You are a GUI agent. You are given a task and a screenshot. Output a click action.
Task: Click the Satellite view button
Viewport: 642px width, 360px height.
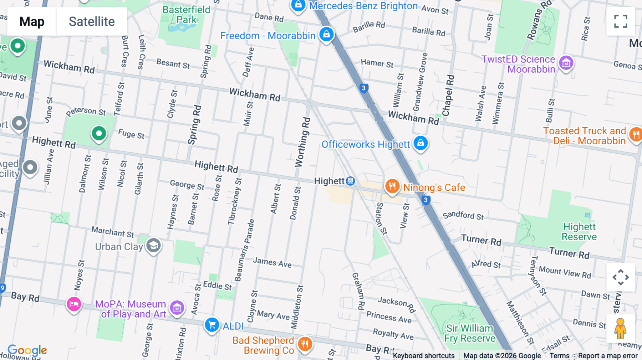tap(92, 21)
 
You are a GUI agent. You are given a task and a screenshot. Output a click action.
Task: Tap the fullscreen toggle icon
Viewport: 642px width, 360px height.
tap(621, 21)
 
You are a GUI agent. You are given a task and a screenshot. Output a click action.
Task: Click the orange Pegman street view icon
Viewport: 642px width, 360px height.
tap(620, 328)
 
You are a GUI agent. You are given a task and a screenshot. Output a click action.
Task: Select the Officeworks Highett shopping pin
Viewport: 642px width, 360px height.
tap(421, 143)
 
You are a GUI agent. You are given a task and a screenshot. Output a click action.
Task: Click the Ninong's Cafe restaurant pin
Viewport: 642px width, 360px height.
tap(392, 186)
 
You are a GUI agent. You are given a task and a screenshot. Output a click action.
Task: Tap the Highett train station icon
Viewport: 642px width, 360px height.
tap(351, 181)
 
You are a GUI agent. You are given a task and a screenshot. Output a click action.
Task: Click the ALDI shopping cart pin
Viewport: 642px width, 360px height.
tap(212, 325)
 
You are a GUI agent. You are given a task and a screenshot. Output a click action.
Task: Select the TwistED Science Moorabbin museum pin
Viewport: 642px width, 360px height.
tap(566, 63)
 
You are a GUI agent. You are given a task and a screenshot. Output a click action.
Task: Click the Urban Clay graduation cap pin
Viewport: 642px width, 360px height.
tap(154, 245)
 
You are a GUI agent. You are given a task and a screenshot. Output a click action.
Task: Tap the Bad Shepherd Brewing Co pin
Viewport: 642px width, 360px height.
tap(305, 344)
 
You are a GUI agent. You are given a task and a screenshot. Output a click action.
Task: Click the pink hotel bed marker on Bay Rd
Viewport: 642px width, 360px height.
tap(74, 304)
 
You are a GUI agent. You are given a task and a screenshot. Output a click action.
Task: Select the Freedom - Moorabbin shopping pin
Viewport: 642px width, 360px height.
tap(326, 35)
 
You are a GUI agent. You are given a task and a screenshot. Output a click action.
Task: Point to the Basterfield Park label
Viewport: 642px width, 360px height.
tap(186, 15)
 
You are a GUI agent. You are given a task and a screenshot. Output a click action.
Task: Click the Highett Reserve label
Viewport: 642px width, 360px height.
tap(579, 232)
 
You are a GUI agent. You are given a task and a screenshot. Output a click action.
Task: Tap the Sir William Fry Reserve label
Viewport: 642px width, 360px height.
tap(470, 333)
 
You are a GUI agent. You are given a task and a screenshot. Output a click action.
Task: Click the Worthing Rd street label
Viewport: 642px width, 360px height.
tap(302, 142)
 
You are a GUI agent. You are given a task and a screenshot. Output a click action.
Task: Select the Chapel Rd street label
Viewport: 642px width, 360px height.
tap(448, 95)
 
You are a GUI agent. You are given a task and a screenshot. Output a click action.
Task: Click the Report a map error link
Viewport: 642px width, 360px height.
tap(608, 356)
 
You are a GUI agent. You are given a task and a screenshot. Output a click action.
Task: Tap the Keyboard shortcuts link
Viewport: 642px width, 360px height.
tap(423, 356)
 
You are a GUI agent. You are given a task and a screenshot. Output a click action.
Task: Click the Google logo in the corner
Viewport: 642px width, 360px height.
tap(27, 350)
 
